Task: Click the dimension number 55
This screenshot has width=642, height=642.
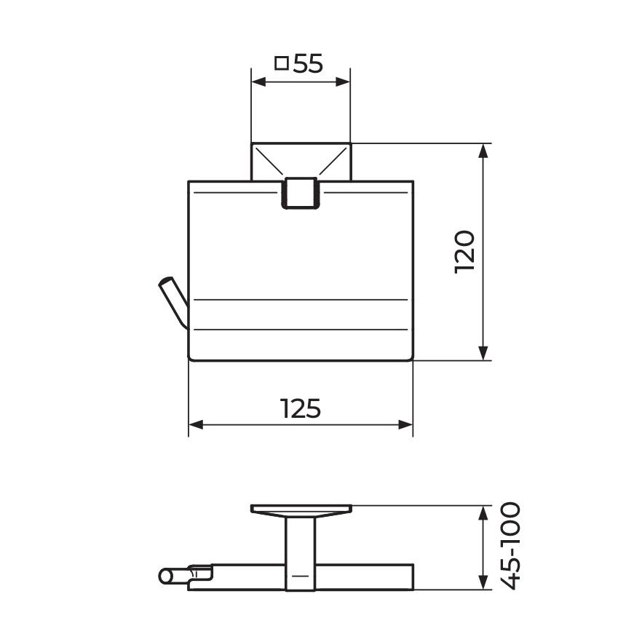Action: pos(308,64)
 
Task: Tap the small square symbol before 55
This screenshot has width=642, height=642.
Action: pos(282,63)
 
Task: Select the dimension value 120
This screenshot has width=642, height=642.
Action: pos(464,252)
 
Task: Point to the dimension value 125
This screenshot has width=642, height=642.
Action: pos(300,408)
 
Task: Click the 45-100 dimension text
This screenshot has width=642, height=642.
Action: pos(511,546)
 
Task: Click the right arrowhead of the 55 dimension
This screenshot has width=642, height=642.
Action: pos(343,82)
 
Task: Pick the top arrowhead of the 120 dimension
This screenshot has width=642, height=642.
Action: pos(483,151)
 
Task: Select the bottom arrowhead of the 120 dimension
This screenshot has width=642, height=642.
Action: pos(483,353)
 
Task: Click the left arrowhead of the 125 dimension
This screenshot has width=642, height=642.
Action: pos(196,424)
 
